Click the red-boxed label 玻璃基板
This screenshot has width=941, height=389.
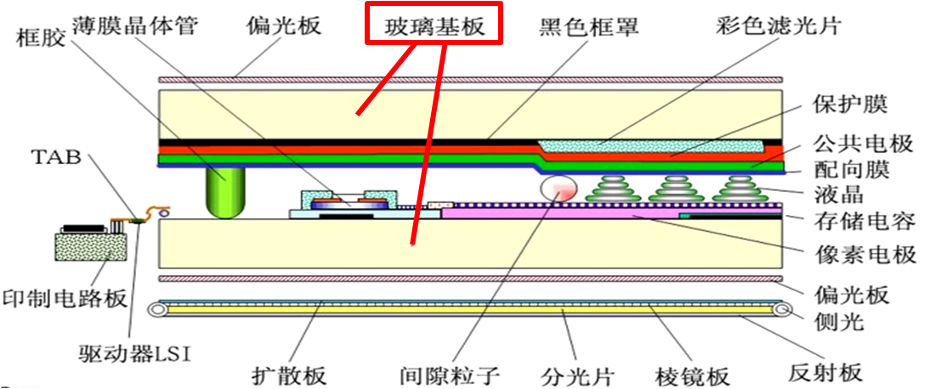pyautogui.click(x=434, y=25)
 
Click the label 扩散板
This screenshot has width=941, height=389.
pyautogui.click(x=290, y=374)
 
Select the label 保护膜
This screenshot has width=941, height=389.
pyautogui.click(x=860, y=104)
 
